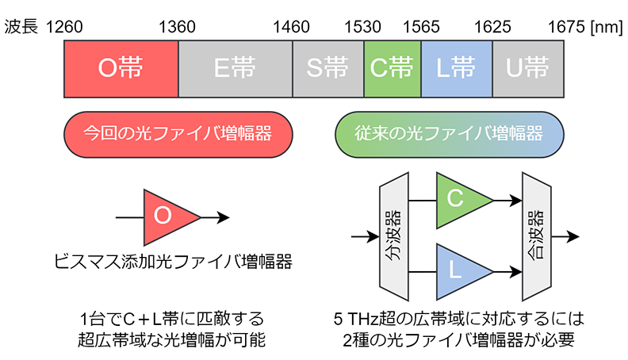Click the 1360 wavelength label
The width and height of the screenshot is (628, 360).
pyautogui.click(x=178, y=27)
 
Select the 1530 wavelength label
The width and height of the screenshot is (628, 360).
pyautogui.click(x=364, y=27)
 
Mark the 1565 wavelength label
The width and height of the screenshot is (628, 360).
pyautogui.click(x=421, y=27)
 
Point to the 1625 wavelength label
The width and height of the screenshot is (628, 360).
pyautogui.click(x=492, y=27)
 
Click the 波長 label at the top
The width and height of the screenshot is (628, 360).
pyautogui.click(x=22, y=27)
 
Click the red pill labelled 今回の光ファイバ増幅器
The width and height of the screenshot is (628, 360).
pyautogui.click(x=177, y=132)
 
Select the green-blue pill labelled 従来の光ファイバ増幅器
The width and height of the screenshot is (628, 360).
pyautogui.click(x=450, y=132)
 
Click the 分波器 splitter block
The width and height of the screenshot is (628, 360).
pyautogui.click(x=394, y=236)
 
